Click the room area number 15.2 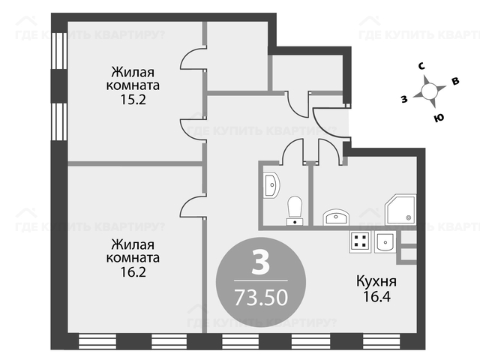tap(133, 100)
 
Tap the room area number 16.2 tap(133, 271)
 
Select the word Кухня tap(376, 281)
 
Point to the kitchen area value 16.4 tap(376, 296)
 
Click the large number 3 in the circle tap(261, 262)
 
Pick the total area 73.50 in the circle tap(261, 297)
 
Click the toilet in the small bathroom tap(295, 211)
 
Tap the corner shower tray tap(400, 210)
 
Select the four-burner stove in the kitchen tap(360, 241)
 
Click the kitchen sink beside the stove tap(385, 241)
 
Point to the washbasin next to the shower tap(336, 217)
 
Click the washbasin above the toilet tap(271, 185)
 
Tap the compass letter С tap(421, 67)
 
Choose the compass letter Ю tap(439, 118)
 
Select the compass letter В tap(455, 81)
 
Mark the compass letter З tap(404, 99)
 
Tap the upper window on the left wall tap(59, 51)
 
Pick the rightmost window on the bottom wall tap(382, 341)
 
